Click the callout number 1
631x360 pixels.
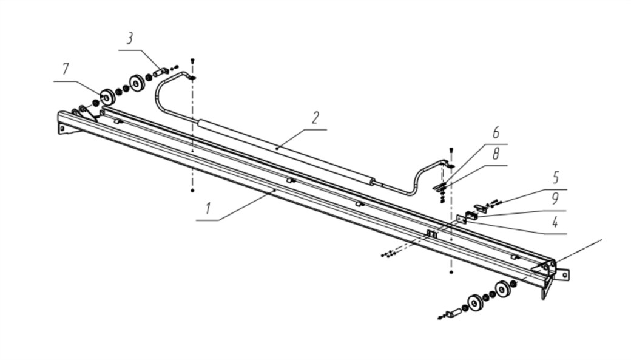coord(208,209)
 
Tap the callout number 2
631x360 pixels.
coord(315,118)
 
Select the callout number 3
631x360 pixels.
coord(130,39)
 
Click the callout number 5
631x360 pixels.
coord(555,178)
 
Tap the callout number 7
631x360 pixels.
coord(66,70)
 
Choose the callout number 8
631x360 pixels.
coord(496,154)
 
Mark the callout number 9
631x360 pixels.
coord(555,199)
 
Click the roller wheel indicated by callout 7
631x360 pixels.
coord(108,97)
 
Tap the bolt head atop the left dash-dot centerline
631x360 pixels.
coord(192,60)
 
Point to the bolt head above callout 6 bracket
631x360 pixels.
coord(450,149)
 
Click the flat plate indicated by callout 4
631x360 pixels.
coord(462,219)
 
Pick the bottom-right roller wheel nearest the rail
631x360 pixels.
coord(503,289)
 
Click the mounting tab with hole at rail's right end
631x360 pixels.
coord(564,274)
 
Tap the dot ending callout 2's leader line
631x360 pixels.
coord(277,148)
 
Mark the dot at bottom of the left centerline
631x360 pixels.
coord(192,191)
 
